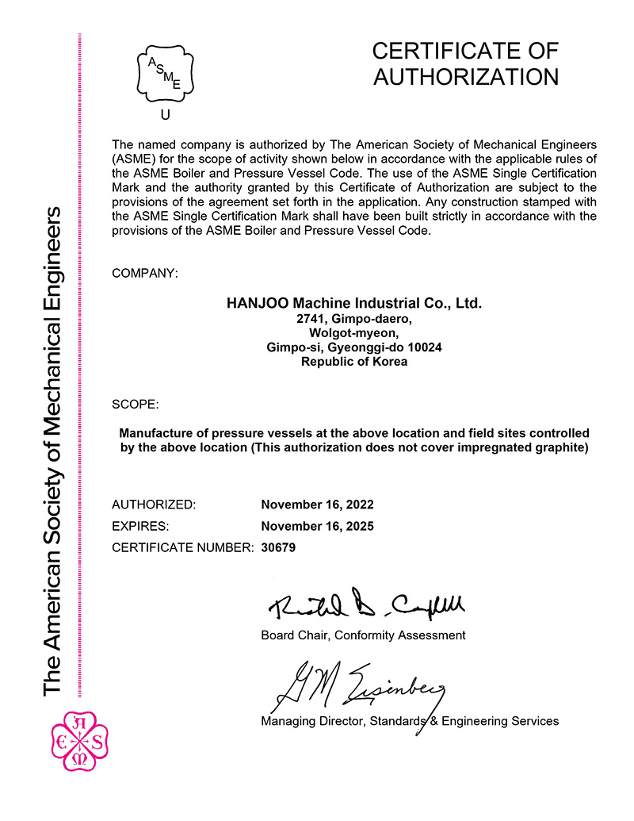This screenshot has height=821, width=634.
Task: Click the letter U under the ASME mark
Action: (x=166, y=115)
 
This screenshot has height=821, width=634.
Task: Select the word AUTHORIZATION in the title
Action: (x=465, y=77)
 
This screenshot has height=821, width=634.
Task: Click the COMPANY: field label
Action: (x=145, y=273)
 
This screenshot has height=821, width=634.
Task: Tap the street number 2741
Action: (x=309, y=319)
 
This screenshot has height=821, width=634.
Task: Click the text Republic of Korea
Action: (x=354, y=362)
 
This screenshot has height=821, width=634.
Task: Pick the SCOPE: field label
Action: (x=136, y=404)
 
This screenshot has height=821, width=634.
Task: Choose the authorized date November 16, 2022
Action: (x=317, y=504)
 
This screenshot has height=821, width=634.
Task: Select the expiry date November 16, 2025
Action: (x=317, y=526)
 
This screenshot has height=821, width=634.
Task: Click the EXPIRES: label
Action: (x=140, y=526)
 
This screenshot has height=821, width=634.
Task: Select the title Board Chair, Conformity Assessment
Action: (x=363, y=635)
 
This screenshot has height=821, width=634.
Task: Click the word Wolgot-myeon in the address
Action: (x=354, y=333)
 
